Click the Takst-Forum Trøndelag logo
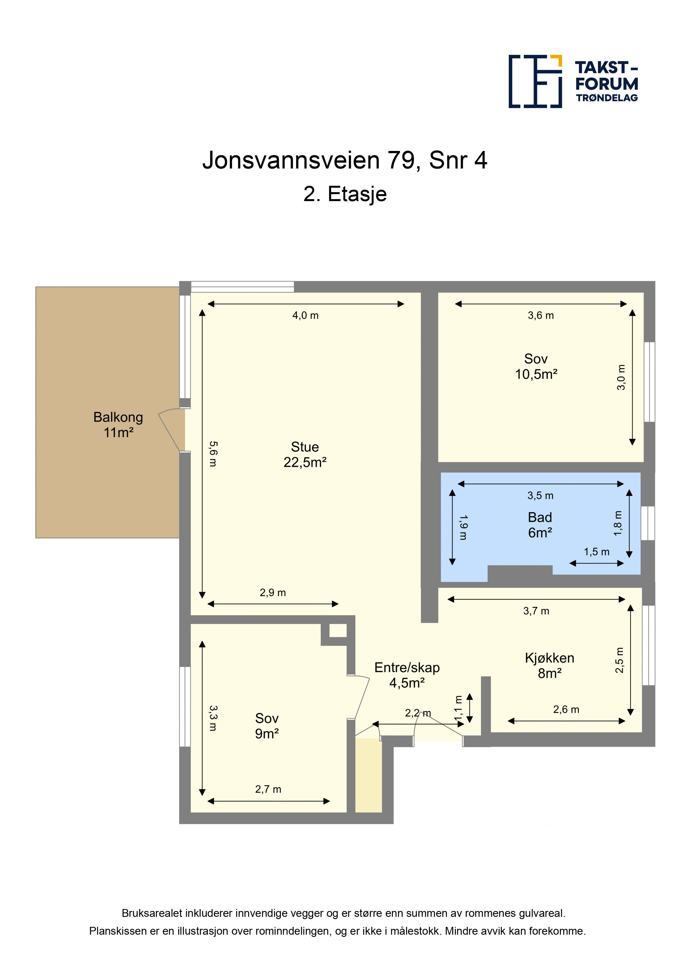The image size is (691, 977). click(573, 81)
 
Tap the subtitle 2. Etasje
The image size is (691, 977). click(345, 194)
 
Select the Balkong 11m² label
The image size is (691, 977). click(118, 425)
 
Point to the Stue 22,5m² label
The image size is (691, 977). click(305, 455)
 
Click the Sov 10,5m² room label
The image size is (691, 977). click(536, 367)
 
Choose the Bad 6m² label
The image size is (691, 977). click(540, 525)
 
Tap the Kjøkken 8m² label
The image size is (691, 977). click(549, 666)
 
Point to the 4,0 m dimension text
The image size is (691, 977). click(305, 315)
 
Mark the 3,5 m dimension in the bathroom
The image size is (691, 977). click(540, 495)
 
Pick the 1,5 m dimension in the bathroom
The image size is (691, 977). click(597, 552)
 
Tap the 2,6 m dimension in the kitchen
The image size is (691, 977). click(566, 709)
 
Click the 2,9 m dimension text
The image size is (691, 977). click(272, 592)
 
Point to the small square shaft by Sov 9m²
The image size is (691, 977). click(338, 630)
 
